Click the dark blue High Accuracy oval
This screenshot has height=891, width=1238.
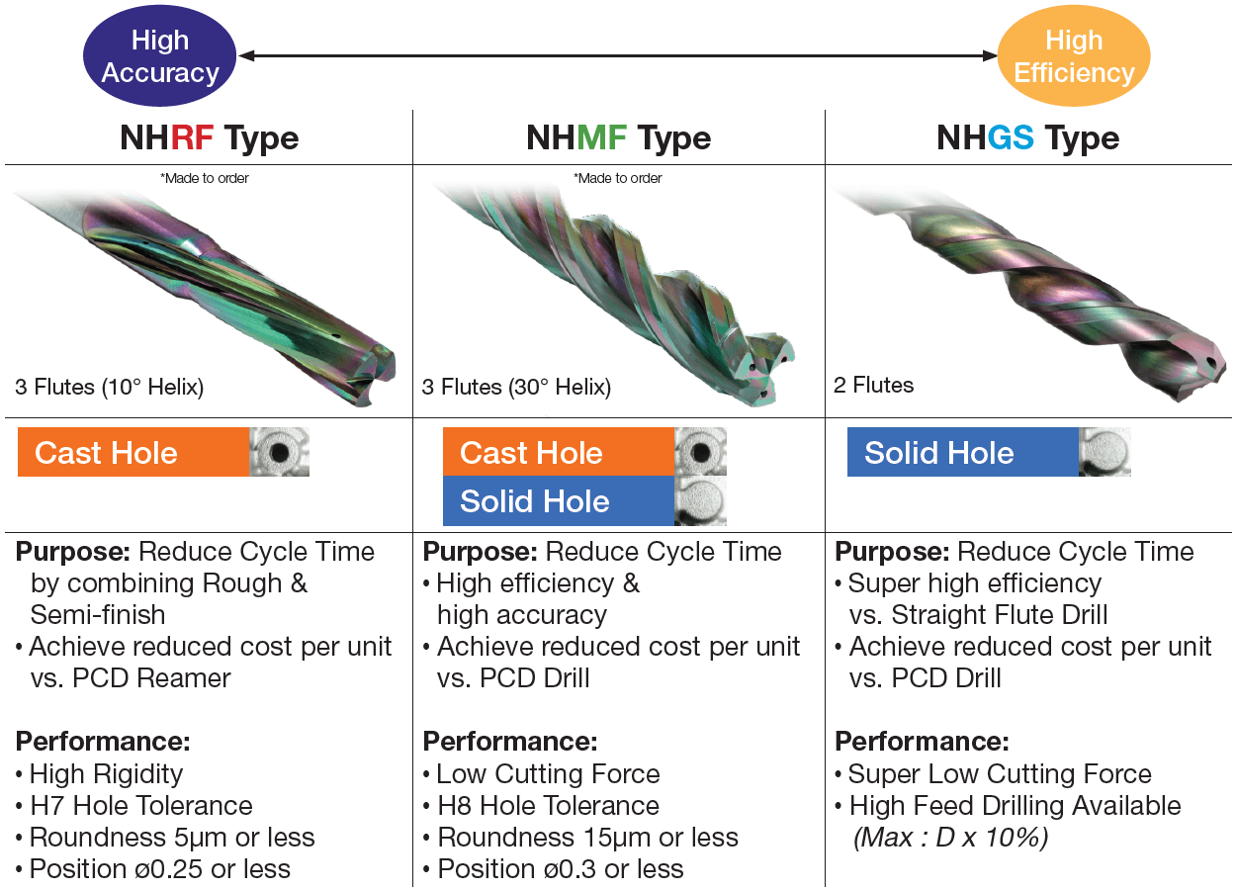(160, 55)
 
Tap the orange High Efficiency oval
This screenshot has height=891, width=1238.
(1074, 55)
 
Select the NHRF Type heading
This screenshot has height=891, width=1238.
(209, 138)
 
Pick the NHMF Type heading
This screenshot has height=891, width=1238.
(618, 138)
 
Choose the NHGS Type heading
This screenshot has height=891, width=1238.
(1028, 138)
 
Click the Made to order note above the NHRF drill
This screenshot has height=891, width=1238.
(205, 178)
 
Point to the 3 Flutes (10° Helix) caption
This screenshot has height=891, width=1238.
(110, 387)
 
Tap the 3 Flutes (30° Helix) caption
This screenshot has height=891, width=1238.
(516, 387)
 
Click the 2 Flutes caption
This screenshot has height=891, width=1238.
(873, 385)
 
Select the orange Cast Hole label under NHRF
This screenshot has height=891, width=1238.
(133, 452)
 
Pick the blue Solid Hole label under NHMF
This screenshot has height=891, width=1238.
(559, 500)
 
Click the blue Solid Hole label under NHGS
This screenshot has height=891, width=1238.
(963, 452)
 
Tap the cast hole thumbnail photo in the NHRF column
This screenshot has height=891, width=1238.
(279, 452)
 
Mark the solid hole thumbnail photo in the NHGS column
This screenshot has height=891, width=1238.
(1105, 452)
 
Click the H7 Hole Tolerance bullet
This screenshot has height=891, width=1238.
(134, 806)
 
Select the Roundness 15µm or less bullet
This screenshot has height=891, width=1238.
(580, 838)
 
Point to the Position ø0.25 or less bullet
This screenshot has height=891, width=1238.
(153, 869)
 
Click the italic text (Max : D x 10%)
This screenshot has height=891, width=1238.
(950, 838)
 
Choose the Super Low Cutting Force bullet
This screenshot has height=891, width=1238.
(994, 774)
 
